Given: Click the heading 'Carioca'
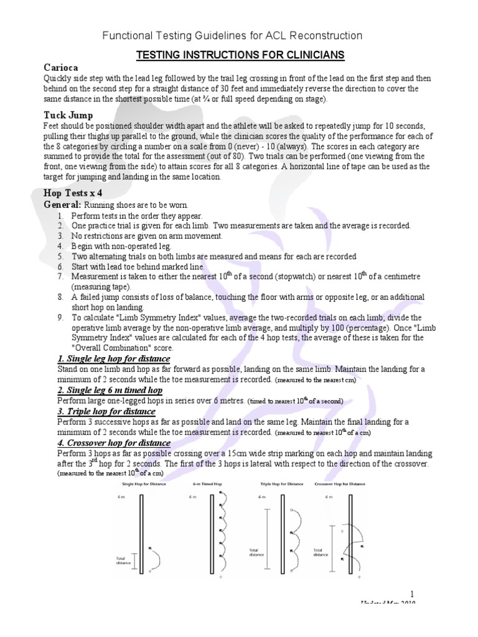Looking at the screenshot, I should (62, 67).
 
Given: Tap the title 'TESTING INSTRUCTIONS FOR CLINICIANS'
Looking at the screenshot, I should (240, 56).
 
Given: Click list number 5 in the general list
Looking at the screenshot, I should (60, 256).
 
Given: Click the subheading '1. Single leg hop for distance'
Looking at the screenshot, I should (113, 360).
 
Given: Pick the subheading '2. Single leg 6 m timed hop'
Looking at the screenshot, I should (110, 390).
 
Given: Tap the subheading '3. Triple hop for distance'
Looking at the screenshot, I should (106, 411).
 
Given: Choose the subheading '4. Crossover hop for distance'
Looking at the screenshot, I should (114, 442).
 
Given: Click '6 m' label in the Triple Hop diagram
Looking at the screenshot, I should (253, 497).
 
